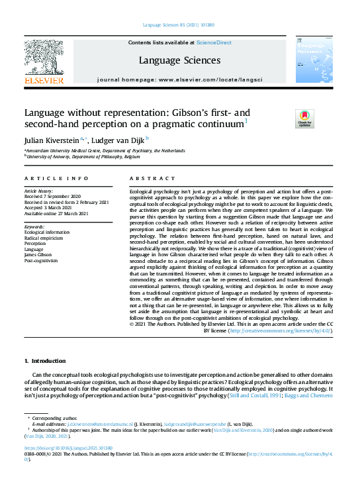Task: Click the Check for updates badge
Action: (285, 119)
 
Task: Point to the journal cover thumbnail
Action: (312, 60)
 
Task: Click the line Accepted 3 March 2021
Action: (49, 207)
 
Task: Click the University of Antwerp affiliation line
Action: (74, 157)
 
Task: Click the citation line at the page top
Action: (180, 26)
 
